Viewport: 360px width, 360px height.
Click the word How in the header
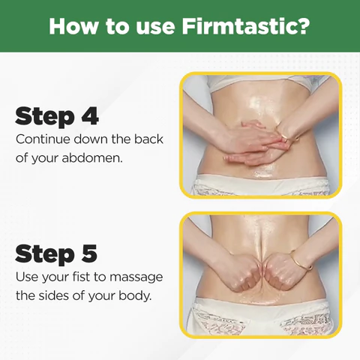tap(72, 26)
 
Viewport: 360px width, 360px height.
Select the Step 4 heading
tap(57, 116)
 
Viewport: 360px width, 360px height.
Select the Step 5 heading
tap(56, 253)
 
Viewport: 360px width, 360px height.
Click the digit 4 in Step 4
tap(90, 115)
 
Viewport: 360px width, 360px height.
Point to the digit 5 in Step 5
tap(89, 253)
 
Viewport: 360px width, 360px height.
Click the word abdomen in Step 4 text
tap(92, 158)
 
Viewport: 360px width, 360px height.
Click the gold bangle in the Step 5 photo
tap(302, 260)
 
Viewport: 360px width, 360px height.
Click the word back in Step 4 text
tap(148, 139)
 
